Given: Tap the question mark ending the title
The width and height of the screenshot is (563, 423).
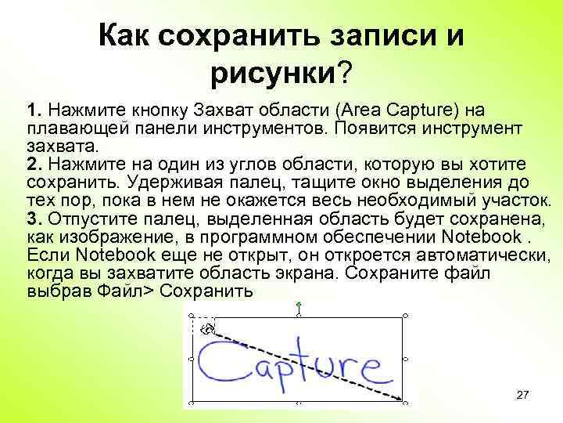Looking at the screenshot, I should click(345, 74).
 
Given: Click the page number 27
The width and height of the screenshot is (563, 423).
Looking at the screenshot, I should click(523, 396).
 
